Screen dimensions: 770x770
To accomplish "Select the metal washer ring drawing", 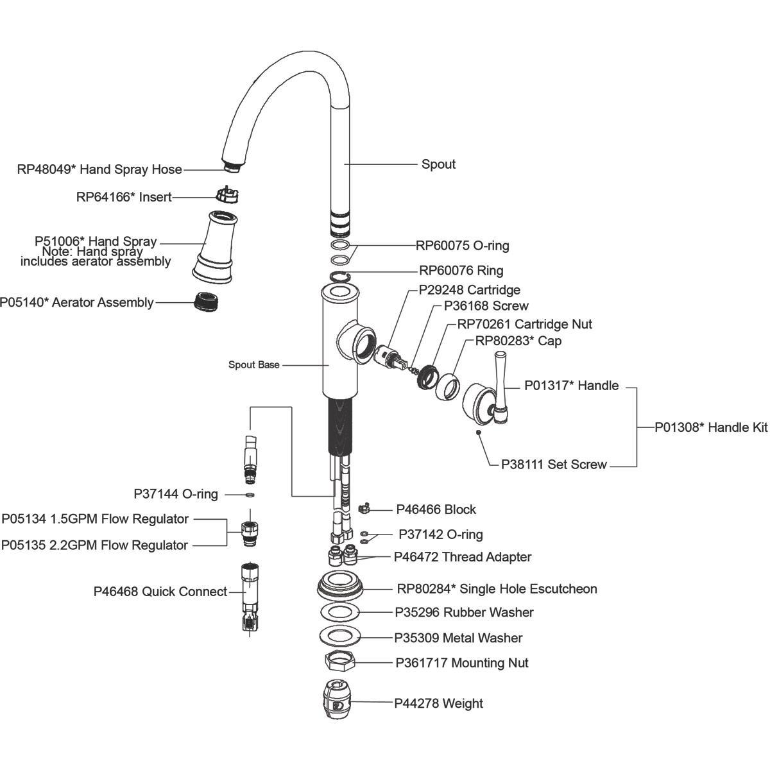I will coord(340,635).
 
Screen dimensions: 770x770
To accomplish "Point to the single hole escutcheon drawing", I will coord(341,586).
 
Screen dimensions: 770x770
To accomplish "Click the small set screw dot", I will coord(479,432).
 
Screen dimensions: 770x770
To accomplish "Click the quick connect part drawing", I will coord(250,597).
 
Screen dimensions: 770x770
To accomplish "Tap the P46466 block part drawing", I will coord(363,508).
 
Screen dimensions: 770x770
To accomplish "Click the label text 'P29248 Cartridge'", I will coord(469,290).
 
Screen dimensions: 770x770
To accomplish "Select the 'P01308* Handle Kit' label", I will coord(711,427).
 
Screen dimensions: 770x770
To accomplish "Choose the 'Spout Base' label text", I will coord(254,365).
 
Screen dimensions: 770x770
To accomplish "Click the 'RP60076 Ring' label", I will coord(461,270).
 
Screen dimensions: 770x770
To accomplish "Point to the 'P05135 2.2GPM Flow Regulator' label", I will coord(94,545).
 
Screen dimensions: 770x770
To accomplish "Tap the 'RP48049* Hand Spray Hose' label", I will coord(99,169).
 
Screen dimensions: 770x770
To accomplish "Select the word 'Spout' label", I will coord(438,164).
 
